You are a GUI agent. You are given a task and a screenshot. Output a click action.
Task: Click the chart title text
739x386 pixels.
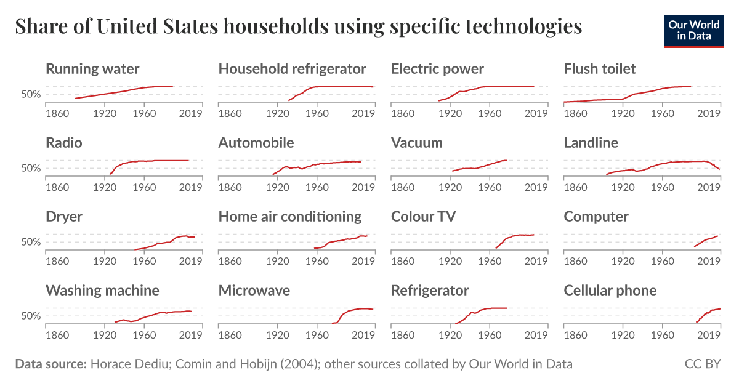(298, 26)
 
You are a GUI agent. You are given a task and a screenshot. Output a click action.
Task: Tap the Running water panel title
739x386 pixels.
(92, 68)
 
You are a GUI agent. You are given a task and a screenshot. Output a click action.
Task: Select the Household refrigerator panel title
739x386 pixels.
(292, 68)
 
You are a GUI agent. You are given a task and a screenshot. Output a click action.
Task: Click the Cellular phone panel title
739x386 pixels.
(610, 290)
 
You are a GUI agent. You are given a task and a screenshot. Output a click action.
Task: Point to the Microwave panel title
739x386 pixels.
(254, 290)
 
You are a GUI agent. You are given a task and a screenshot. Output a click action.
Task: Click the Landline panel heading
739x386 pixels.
(591, 142)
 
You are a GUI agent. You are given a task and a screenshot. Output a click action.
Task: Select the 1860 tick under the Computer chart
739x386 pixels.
(575, 261)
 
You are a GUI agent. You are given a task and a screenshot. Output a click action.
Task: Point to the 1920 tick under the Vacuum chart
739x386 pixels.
(451, 187)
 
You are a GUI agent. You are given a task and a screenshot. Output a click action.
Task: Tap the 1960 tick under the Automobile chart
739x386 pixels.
(317, 187)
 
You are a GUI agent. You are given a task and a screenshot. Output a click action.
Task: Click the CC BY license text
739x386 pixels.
(702, 364)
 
